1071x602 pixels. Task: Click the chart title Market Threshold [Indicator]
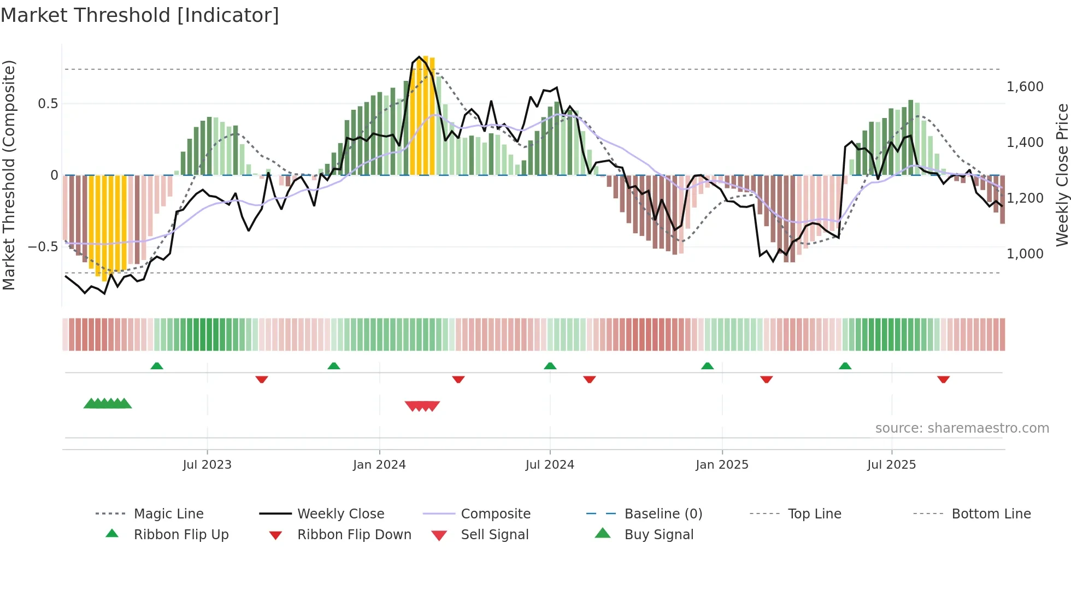pyautogui.click(x=140, y=15)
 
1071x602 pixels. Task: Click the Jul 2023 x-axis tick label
pyautogui.click(x=207, y=465)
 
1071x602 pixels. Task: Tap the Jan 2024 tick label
pyautogui.click(x=379, y=465)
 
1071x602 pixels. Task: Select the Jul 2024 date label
pyautogui.click(x=550, y=465)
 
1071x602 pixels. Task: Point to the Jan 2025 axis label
pyautogui.click(x=722, y=465)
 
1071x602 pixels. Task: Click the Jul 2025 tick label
pyautogui.click(x=891, y=465)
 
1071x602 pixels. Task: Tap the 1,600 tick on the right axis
pyautogui.click(x=1025, y=87)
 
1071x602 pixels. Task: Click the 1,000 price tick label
pyautogui.click(x=1025, y=254)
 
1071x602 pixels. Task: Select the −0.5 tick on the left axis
pyautogui.click(x=43, y=247)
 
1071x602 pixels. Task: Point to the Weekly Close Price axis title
pyautogui.click(x=1062, y=175)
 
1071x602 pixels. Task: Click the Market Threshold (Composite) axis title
pyautogui.click(x=9, y=175)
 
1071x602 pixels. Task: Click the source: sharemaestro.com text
pyautogui.click(x=962, y=428)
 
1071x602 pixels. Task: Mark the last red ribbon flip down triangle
pyautogui.click(x=943, y=379)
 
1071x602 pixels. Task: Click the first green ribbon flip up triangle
pyautogui.click(x=157, y=366)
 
